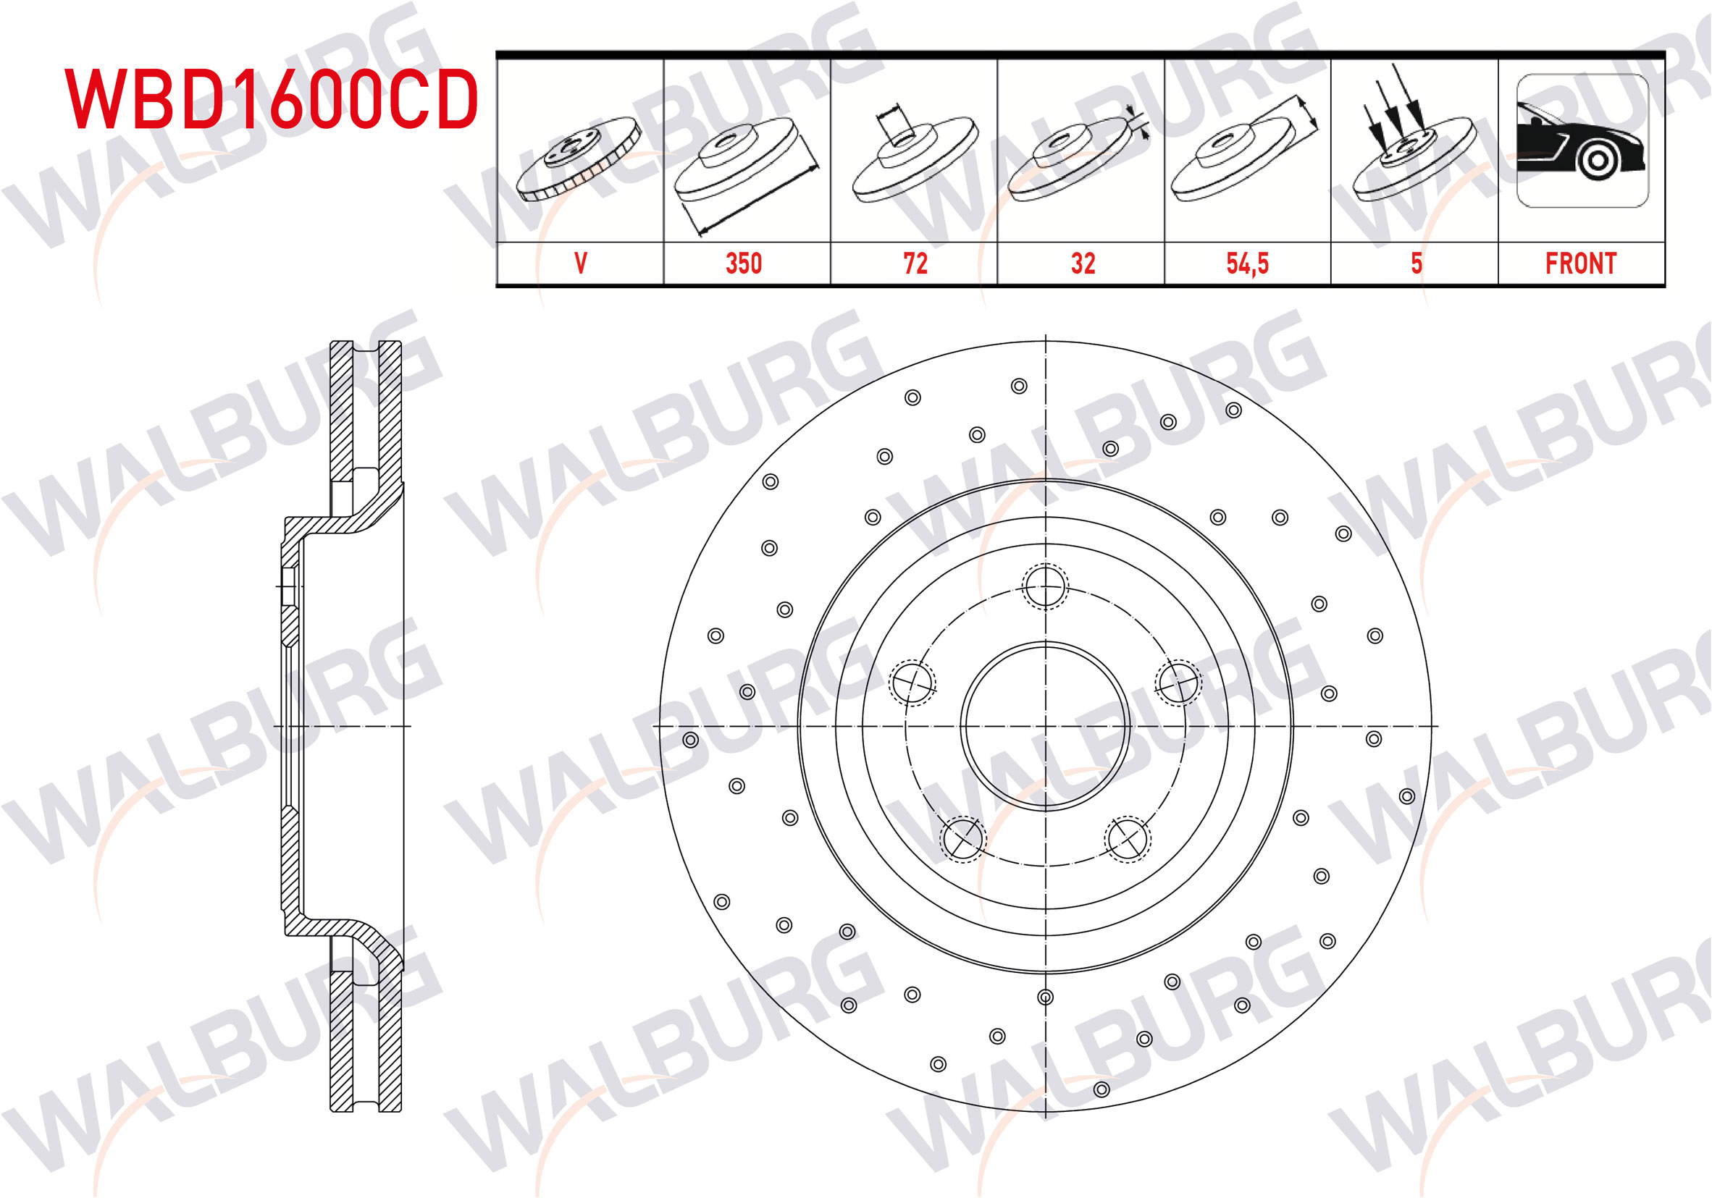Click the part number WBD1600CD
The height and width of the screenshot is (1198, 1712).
[272, 99]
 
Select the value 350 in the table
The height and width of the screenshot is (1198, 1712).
[744, 263]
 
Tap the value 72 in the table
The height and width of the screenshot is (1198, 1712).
[915, 263]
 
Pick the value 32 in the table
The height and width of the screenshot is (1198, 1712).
[1083, 263]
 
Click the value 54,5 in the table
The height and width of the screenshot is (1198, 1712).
[1248, 264]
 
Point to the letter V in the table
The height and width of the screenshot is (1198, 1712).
[581, 263]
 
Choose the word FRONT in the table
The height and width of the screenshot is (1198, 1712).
[1581, 263]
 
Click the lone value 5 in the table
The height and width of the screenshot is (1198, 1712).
[1416, 263]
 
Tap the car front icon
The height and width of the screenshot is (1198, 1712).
[1582, 141]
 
